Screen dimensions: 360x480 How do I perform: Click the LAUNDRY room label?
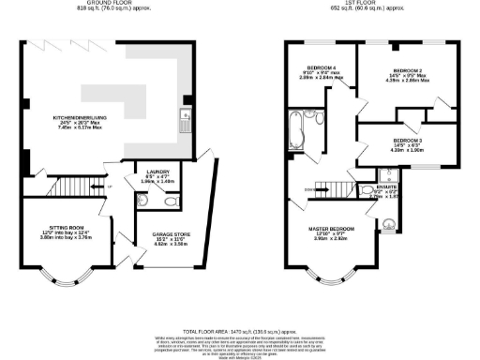coord(157,173)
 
